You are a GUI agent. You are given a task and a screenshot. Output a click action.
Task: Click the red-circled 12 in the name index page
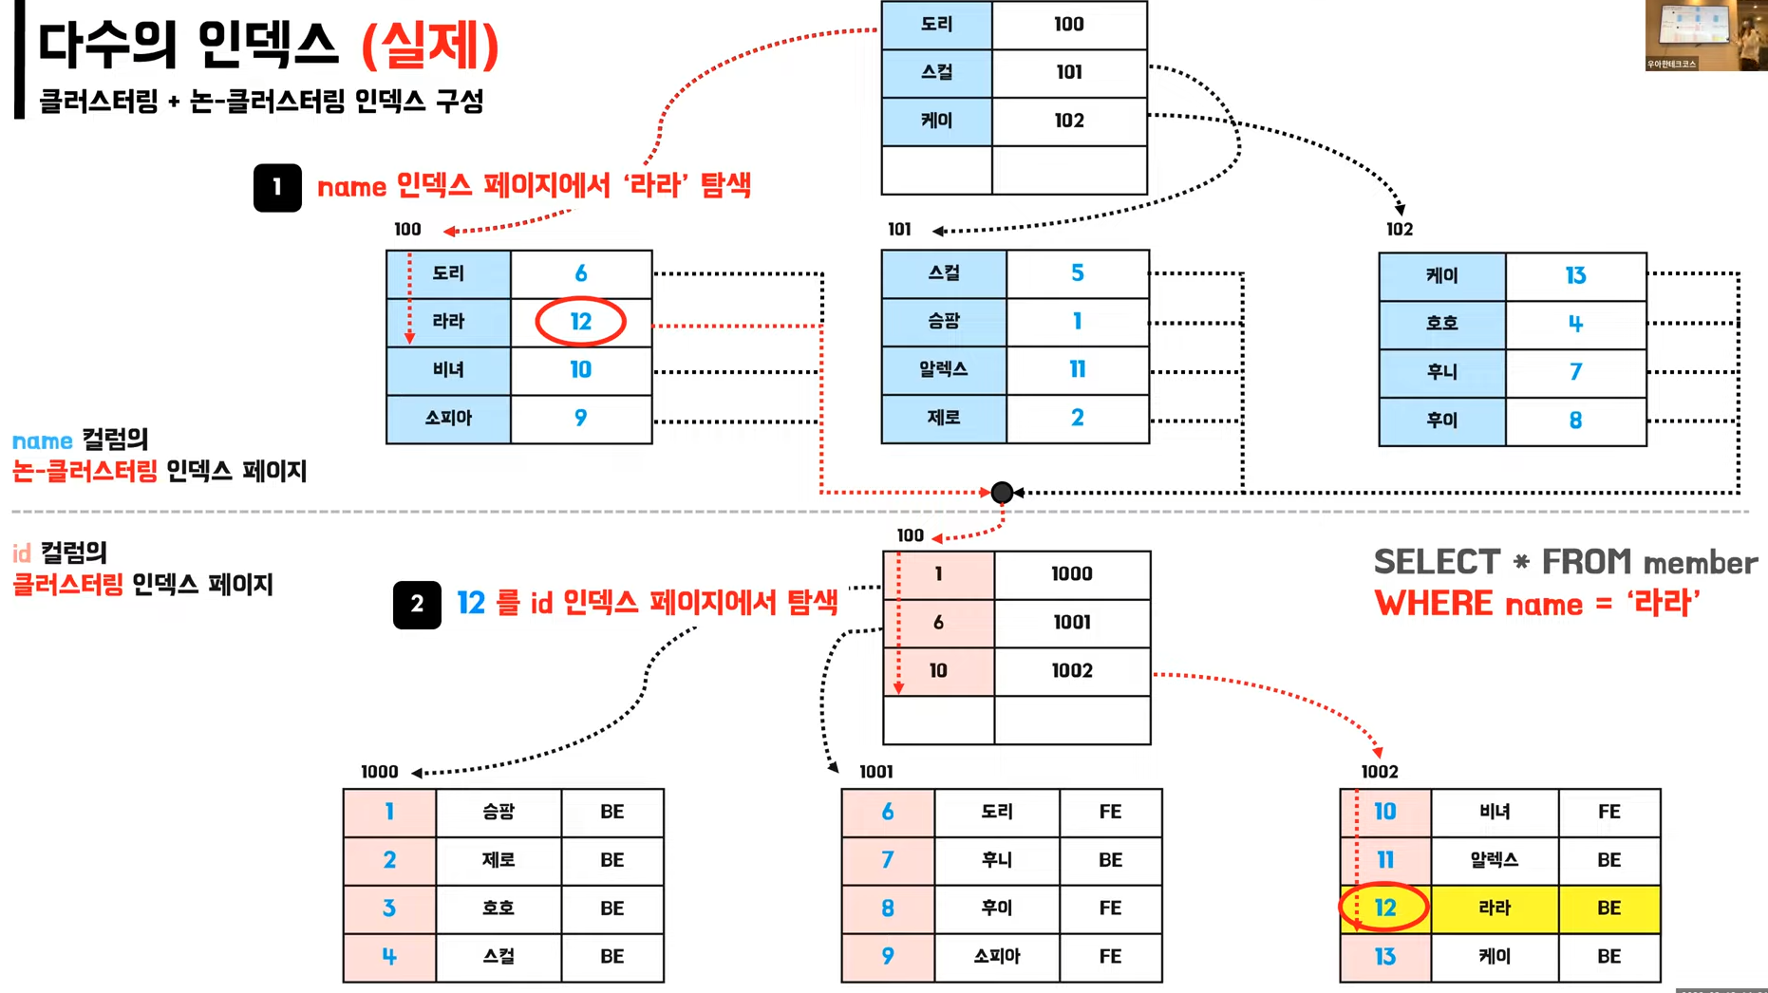click(x=580, y=322)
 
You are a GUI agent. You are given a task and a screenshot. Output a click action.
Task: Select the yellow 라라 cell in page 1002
click(x=1495, y=909)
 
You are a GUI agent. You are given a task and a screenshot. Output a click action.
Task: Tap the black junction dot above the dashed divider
click(x=1002, y=492)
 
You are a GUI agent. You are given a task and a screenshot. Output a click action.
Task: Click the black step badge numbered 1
click(x=277, y=187)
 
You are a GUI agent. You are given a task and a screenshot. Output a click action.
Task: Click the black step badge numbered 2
click(x=417, y=605)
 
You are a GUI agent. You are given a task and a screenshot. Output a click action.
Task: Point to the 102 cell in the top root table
click(x=1069, y=121)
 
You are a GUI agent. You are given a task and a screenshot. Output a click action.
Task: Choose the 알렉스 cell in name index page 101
click(x=944, y=370)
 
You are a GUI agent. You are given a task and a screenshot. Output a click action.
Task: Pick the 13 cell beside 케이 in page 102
click(x=1575, y=276)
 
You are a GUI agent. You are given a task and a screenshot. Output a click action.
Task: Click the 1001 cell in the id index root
click(x=1072, y=623)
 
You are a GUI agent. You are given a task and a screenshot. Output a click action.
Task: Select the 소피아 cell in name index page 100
click(x=448, y=419)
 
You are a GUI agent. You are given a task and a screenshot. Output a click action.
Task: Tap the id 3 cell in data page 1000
click(x=389, y=909)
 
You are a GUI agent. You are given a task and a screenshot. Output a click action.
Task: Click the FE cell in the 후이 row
click(x=1110, y=909)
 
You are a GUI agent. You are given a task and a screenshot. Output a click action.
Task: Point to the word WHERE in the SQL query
click(x=1434, y=604)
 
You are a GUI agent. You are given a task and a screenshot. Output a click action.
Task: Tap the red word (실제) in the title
click(x=431, y=46)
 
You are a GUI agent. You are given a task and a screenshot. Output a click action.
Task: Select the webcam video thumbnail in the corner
click(x=1706, y=35)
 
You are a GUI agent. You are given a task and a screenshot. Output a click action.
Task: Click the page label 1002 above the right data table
click(x=1380, y=772)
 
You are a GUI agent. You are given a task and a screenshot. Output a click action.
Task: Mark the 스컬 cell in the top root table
click(x=937, y=73)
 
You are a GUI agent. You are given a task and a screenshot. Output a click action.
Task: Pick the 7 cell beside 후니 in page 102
click(x=1575, y=372)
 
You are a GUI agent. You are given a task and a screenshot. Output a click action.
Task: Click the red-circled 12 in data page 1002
click(x=1384, y=909)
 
